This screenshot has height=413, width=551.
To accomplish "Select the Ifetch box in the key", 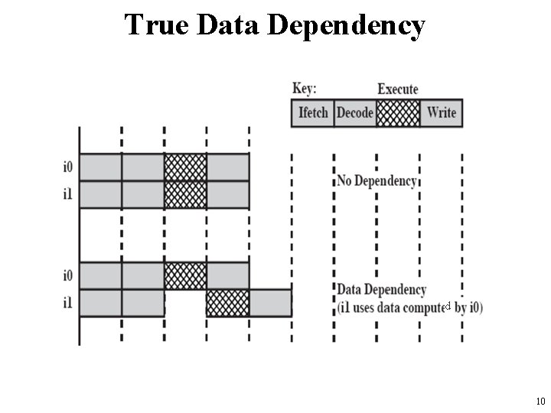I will coord(313,113).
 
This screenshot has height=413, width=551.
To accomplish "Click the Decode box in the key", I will coord(355,113).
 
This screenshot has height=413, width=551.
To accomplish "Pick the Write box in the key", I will coord(442,113).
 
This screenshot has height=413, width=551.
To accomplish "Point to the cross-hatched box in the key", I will coord(398,113).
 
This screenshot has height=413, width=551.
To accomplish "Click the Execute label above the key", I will coord(398,89).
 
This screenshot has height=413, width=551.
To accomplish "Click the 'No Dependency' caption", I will coord(377,181).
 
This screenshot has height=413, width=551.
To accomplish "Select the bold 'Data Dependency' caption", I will coord(382,291).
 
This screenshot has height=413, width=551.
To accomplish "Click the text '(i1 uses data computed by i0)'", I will coord(409,307).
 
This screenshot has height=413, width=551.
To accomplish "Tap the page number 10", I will coord(540,401).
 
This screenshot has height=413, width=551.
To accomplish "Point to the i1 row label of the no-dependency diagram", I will coord(69,193).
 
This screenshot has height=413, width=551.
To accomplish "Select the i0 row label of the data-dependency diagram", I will coord(69,274).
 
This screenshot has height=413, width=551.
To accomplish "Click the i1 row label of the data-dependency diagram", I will coord(69,303).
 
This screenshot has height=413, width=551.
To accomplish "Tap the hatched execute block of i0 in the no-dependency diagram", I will coord(185,167).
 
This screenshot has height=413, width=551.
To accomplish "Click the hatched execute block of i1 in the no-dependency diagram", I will coord(185,193).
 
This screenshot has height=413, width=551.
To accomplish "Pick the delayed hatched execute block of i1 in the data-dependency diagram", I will coord(227,303).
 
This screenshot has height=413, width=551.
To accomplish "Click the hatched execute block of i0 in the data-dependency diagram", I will coord(185,275).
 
